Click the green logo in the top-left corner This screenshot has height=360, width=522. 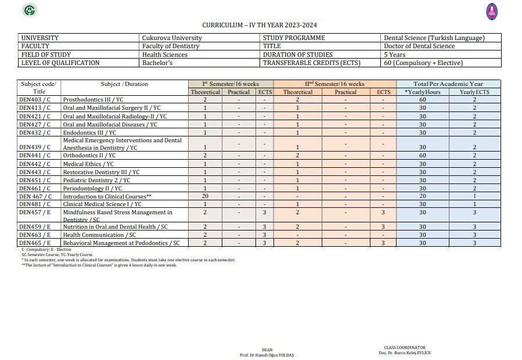30,10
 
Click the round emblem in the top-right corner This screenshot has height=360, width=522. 492,11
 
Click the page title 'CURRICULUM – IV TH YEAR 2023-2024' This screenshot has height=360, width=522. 260,25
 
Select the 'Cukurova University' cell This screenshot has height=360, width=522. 172,38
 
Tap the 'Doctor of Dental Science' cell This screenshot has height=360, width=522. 419,46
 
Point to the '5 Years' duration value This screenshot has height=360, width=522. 395,55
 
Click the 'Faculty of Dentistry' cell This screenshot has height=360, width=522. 171,46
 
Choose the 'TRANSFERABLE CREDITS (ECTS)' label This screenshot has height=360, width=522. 311,63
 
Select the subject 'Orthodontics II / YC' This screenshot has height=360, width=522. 89,156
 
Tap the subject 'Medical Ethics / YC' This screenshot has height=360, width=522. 88,164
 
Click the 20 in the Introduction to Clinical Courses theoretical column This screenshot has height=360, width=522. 205,196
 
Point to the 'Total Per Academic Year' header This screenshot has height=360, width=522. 448,84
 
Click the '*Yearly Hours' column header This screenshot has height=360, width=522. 423,92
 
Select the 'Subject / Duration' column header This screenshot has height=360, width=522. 124,84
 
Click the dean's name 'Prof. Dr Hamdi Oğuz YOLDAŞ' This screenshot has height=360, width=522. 267,355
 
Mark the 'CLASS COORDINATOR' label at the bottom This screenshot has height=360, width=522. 405,348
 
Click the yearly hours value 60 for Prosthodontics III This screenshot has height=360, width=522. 423,100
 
